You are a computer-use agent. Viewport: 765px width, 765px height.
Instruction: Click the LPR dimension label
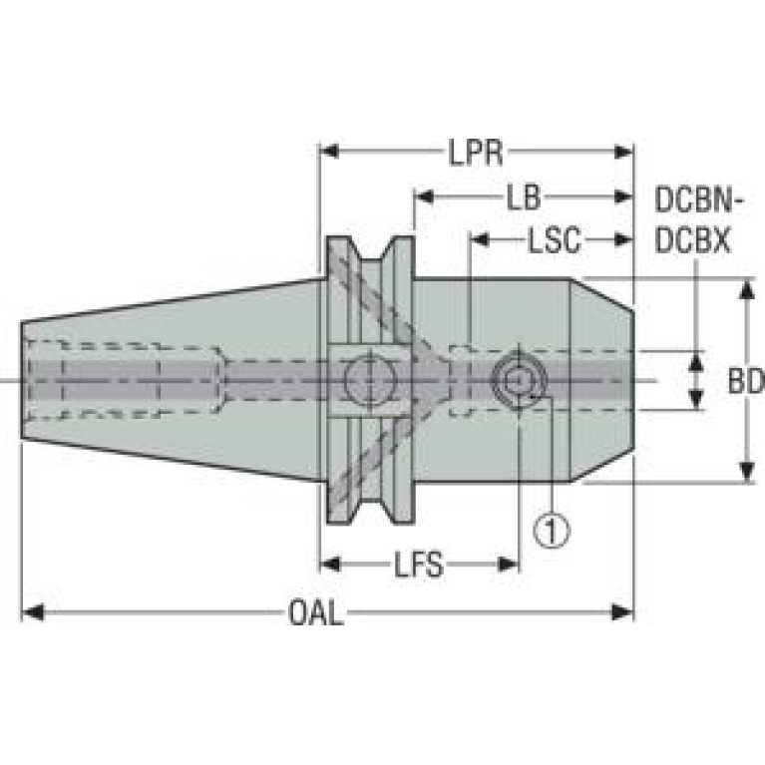(475, 152)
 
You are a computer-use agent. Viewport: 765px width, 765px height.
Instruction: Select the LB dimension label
(524, 197)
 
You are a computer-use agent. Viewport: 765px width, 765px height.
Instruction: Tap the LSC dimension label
(555, 240)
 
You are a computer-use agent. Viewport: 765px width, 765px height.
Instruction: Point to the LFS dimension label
(419, 565)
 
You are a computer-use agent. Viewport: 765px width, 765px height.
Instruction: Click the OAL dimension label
(315, 612)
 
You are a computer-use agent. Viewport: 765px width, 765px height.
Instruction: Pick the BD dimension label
(745, 381)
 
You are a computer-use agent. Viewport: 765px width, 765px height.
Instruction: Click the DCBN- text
(698, 199)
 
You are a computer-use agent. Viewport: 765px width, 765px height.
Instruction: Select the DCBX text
(692, 240)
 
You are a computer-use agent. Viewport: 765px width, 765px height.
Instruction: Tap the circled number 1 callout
(552, 531)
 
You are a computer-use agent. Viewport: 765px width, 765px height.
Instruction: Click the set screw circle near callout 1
(519, 380)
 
